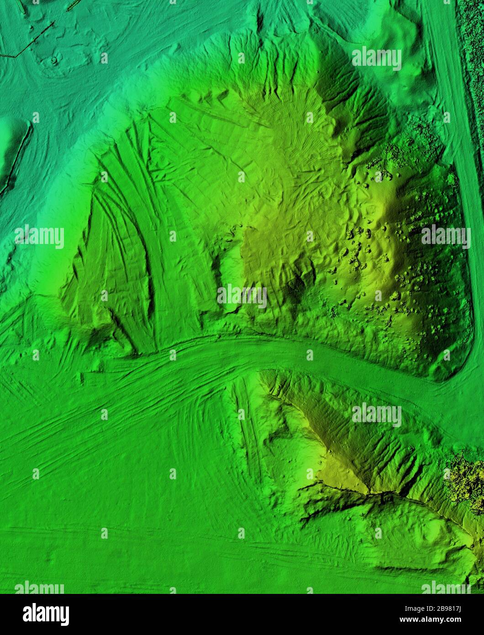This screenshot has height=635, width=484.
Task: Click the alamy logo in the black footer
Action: [46, 614]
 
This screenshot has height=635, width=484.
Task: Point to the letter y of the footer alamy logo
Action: [65, 615]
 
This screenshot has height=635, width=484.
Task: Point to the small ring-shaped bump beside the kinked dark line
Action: [54, 60]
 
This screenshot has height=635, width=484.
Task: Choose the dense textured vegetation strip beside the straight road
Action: [475, 69]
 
